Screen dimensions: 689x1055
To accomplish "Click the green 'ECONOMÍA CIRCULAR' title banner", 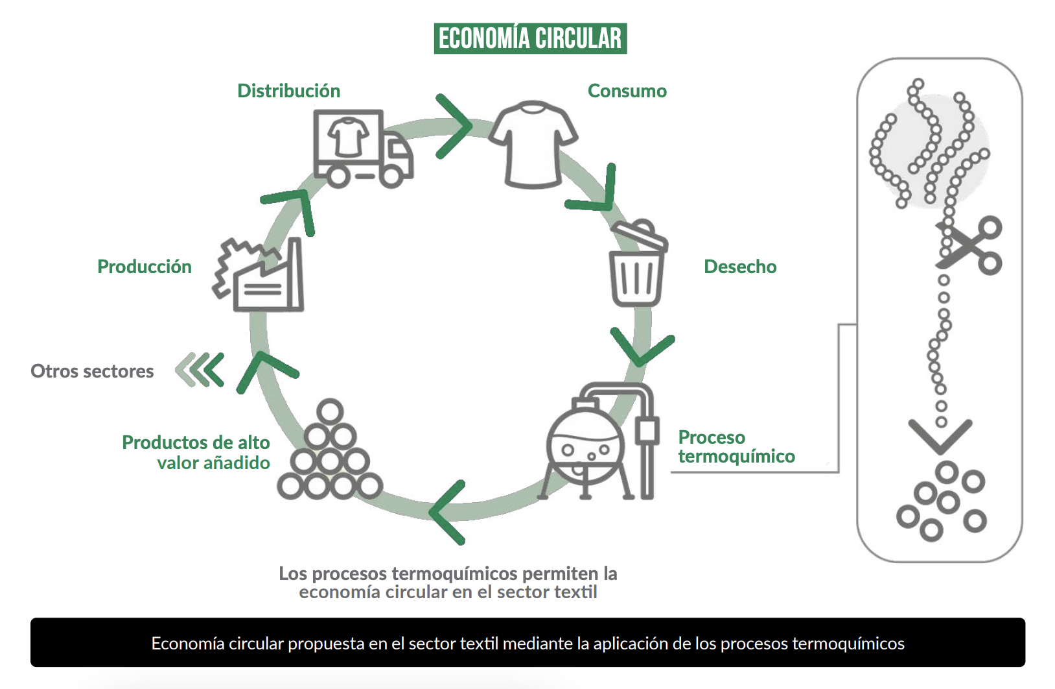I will (x=530, y=38).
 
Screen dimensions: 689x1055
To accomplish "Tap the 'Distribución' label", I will (x=288, y=91).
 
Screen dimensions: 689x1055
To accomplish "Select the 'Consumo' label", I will (x=627, y=91).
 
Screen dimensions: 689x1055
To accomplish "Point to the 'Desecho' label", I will (x=740, y=267).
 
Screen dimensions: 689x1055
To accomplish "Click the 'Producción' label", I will (x=145, y=267).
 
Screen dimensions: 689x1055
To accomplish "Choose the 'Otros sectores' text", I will (x=92, y=371).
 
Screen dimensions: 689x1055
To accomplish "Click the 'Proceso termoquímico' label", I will (x=736, y=447).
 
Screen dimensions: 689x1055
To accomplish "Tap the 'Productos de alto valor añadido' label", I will (x=196, y=452).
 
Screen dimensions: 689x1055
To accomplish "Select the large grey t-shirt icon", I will (x=533, y=145).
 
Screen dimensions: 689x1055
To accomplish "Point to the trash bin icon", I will (x=638, y=263).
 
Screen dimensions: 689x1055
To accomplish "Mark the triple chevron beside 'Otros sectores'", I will (x=200, y=370).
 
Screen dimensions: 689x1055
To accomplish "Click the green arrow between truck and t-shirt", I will (x=454, y=126).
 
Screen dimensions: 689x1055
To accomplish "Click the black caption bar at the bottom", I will (x=527, y=643).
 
